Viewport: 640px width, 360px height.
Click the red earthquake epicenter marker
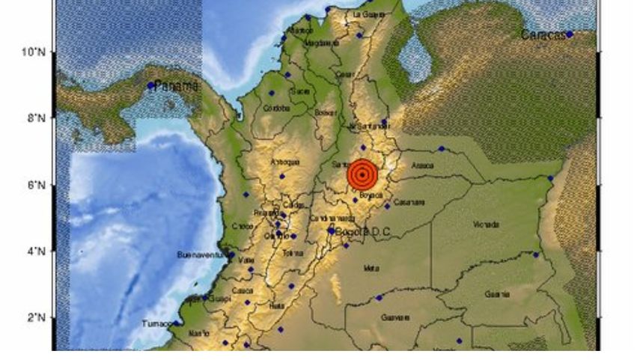click(362, 175)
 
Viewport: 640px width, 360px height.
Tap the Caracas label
click(543, 35)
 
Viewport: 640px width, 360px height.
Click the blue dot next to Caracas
click(570, 34)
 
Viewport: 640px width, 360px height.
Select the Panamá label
click(177, 86)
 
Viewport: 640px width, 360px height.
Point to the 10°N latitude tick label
click(34, 52)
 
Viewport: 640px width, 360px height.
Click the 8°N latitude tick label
click(36, 118)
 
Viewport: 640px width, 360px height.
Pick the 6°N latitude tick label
click(36, 185)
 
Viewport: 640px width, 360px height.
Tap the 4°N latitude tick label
click(36, 251)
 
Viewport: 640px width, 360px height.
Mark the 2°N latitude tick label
click(36, 318)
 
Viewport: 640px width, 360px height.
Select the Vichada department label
click(487, 225)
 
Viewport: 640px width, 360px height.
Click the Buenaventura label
click(201, 255)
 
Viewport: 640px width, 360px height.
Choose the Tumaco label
click(156, 324)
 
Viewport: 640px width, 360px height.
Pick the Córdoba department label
click(277, 108)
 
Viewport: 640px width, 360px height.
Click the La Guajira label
click(368, 13)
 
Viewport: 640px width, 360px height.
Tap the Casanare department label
click(410, 202)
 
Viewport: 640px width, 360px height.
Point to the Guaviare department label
click(395, 317)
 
